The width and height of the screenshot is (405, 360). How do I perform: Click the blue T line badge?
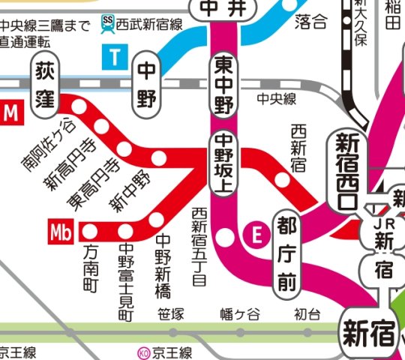(x=115, y=56)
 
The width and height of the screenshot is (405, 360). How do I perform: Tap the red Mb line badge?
(x=61, y=232)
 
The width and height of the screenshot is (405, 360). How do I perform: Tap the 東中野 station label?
(x=223, y=84)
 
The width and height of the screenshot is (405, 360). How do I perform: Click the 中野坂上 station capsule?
(x=223, y=164)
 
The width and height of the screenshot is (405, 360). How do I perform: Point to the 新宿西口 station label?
(x=345, y=170)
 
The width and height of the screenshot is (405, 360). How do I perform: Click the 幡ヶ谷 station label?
(x=238, y=314)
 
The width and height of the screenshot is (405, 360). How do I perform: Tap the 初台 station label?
(x=307, y=314)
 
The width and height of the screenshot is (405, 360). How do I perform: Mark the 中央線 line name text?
(x=277, y=98)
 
